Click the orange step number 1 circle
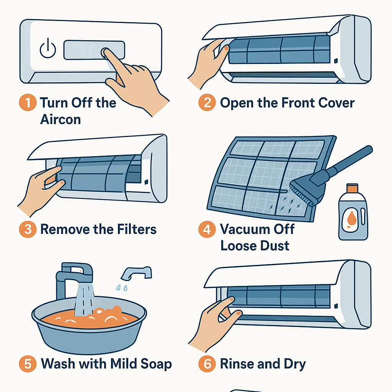(x=28, y=102)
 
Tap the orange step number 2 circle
(x=207, y=102)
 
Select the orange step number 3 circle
(x=28, y=229)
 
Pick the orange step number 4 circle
(x=207, y=229)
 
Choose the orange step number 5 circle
(x=28, y=364)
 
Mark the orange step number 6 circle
(x=207, y=364)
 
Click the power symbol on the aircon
(x=48, y=49)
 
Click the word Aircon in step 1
(x=60, y=119)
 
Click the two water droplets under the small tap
(x=122, y=288)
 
